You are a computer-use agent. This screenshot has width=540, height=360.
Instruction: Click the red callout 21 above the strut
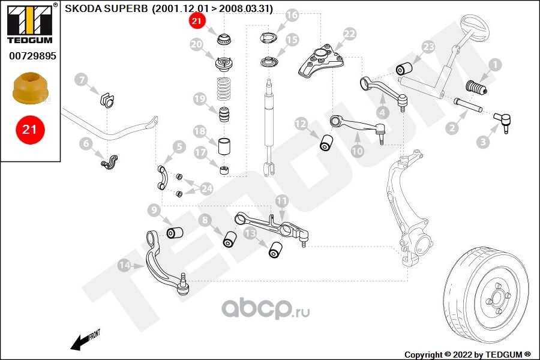[x=197, y=21]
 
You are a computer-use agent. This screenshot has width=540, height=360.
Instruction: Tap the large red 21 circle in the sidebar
[x=30, y=130]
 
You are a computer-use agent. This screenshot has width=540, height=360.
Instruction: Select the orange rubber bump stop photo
[x=31, y=88]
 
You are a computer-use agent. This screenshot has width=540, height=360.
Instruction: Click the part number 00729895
[x=32, y=56]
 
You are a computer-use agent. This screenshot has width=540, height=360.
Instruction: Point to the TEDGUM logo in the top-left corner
[x=30, y=23]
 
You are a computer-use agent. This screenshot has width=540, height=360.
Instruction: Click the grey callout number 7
[x=81, y=80]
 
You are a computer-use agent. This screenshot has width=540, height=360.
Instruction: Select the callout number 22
[x=349, y=34]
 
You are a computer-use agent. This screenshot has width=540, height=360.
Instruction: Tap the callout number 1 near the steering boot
[x=495, y=65]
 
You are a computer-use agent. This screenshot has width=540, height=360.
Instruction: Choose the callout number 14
[x=124, y=265]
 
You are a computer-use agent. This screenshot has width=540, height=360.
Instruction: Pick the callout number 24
[x=206, y=188]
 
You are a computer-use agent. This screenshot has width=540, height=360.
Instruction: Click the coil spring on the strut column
[x=224, y=89]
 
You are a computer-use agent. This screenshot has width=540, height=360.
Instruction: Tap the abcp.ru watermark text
[x=266, y=308]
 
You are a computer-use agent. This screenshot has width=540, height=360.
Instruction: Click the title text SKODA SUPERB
[x=106, y=8]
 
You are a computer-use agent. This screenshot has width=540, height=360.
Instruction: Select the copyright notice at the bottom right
[x=467, y=355]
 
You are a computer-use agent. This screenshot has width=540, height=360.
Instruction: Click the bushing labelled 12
[x=326, y=143]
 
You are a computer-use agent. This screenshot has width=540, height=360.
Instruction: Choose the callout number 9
[x=154, y=211]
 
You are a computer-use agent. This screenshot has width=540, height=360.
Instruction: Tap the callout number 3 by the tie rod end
[x=483, y=142]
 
